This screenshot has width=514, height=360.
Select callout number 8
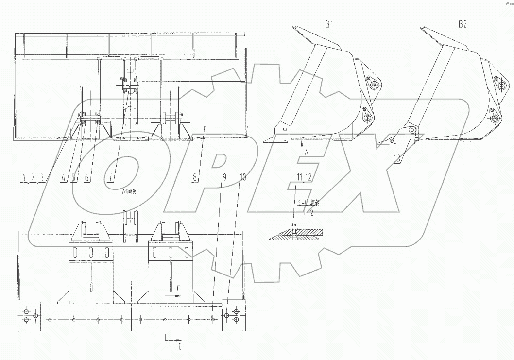click(195, 178)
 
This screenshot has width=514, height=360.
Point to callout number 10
click(243, 178)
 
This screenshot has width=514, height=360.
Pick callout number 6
click(87, 178)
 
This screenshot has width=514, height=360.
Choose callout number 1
click(24, 178)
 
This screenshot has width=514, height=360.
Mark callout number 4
click(64, 178)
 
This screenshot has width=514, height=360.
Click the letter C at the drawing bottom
click(180, 347)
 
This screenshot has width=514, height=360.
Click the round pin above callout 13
click(412, 129)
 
